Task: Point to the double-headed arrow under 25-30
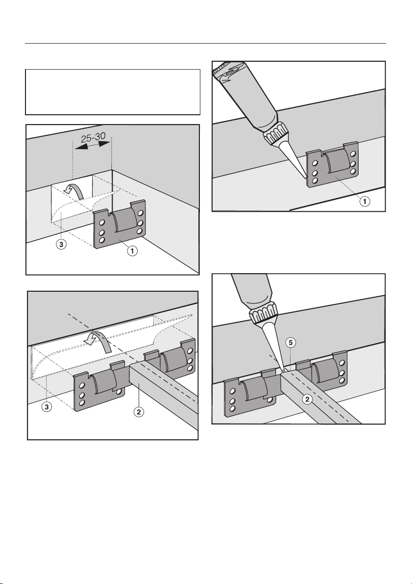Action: (93, 150)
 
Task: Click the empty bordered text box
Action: (113, 92)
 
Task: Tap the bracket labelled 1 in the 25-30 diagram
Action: (121, 224)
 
